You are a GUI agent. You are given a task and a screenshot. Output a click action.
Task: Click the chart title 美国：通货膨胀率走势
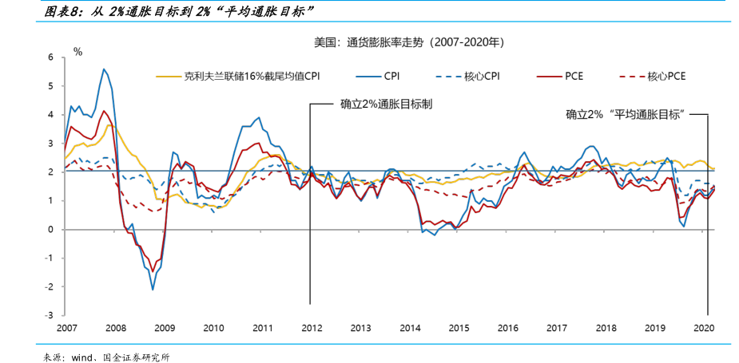tap(408, 41)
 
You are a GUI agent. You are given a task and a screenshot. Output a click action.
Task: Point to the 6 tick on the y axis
tap(50, 57)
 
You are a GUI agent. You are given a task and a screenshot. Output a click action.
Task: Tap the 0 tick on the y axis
tap(50, 230)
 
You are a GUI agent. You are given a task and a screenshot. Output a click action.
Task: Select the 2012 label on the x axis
tap(312, 328)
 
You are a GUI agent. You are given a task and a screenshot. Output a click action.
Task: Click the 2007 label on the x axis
tap(67, 328)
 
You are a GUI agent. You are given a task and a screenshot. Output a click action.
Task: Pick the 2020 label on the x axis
tap(703, 328)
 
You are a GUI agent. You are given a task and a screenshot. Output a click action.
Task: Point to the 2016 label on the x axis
tap(507, 328)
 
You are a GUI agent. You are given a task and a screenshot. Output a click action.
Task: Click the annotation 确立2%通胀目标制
tap(386, 104)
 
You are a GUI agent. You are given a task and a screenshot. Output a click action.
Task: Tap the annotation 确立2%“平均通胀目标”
tap(628, 114)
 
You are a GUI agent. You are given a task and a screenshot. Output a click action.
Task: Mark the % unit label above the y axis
tap(77, 51)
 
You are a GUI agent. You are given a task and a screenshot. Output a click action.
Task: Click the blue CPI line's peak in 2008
tap(103, 69)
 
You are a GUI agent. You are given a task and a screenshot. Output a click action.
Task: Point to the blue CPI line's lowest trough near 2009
tap(153, 289)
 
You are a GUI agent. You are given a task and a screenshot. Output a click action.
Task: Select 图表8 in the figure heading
tap(61, 11)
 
